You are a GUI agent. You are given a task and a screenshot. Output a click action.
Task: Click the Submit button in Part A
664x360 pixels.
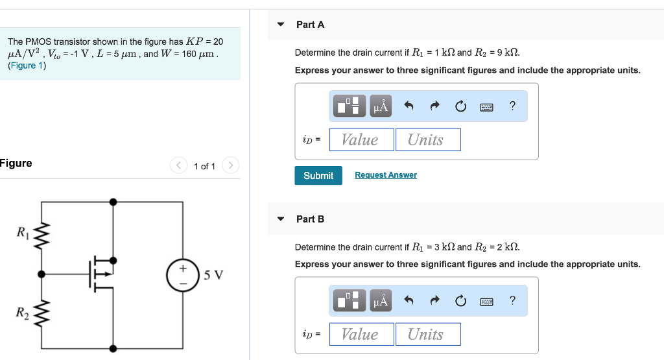click(x=318, y=176)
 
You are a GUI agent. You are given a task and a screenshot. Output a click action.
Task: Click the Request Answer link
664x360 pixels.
click(x=386, y=175)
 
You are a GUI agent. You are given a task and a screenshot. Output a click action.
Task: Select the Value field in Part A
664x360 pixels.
click(x=361, y=139)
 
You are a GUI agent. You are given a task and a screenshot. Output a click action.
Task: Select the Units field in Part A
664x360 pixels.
click(x=428, y=139)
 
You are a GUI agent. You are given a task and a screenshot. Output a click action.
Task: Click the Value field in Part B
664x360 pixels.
click(x=361, y=334)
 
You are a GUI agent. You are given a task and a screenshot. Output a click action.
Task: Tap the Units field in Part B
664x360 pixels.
click(x=428, y=334)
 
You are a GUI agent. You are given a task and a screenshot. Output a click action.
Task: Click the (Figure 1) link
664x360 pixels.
click(x=27, y=66)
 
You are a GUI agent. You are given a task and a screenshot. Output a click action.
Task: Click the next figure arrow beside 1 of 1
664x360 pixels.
click(x=231, y=166)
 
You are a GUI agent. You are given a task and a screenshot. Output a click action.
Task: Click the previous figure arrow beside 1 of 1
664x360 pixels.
click(x=178, y=166)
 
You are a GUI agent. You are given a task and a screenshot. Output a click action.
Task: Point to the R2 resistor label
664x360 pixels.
click(x=23, y=313)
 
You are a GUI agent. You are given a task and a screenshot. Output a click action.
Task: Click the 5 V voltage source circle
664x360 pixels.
click(x=182, y=274)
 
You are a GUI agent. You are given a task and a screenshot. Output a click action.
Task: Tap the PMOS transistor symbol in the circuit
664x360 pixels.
click(x=101, y=274)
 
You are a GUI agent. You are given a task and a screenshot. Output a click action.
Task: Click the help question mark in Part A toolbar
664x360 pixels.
click(x=513, y=106)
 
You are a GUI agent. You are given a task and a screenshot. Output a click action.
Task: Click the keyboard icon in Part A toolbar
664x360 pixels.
click(x=487, y=106)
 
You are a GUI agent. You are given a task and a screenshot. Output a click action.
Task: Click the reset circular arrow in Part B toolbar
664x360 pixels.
click(x=460, y=301)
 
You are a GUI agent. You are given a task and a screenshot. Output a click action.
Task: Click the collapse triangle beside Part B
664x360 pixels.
click(x=281, y=219)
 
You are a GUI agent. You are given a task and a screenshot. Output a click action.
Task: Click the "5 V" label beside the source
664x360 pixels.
click(x=213, y=274)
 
